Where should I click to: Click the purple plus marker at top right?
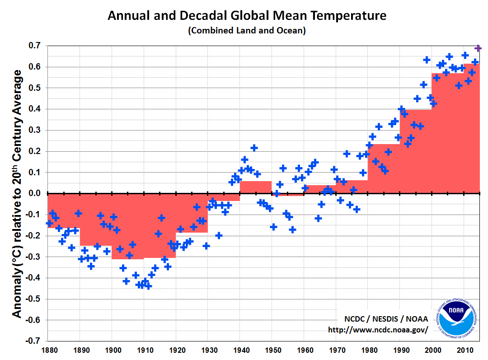(478, 48)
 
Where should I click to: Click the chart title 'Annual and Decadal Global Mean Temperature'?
(247, 16)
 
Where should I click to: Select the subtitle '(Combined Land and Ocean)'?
(247, 31)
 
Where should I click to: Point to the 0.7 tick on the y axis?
(35, 46)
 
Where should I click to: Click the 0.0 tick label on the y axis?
(35, 193)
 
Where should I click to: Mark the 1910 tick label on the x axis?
(144, 350)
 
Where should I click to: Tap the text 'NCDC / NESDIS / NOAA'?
(384, 319)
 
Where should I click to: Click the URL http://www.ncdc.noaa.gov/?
(378, 330)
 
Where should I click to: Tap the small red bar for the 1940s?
(256, 187)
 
